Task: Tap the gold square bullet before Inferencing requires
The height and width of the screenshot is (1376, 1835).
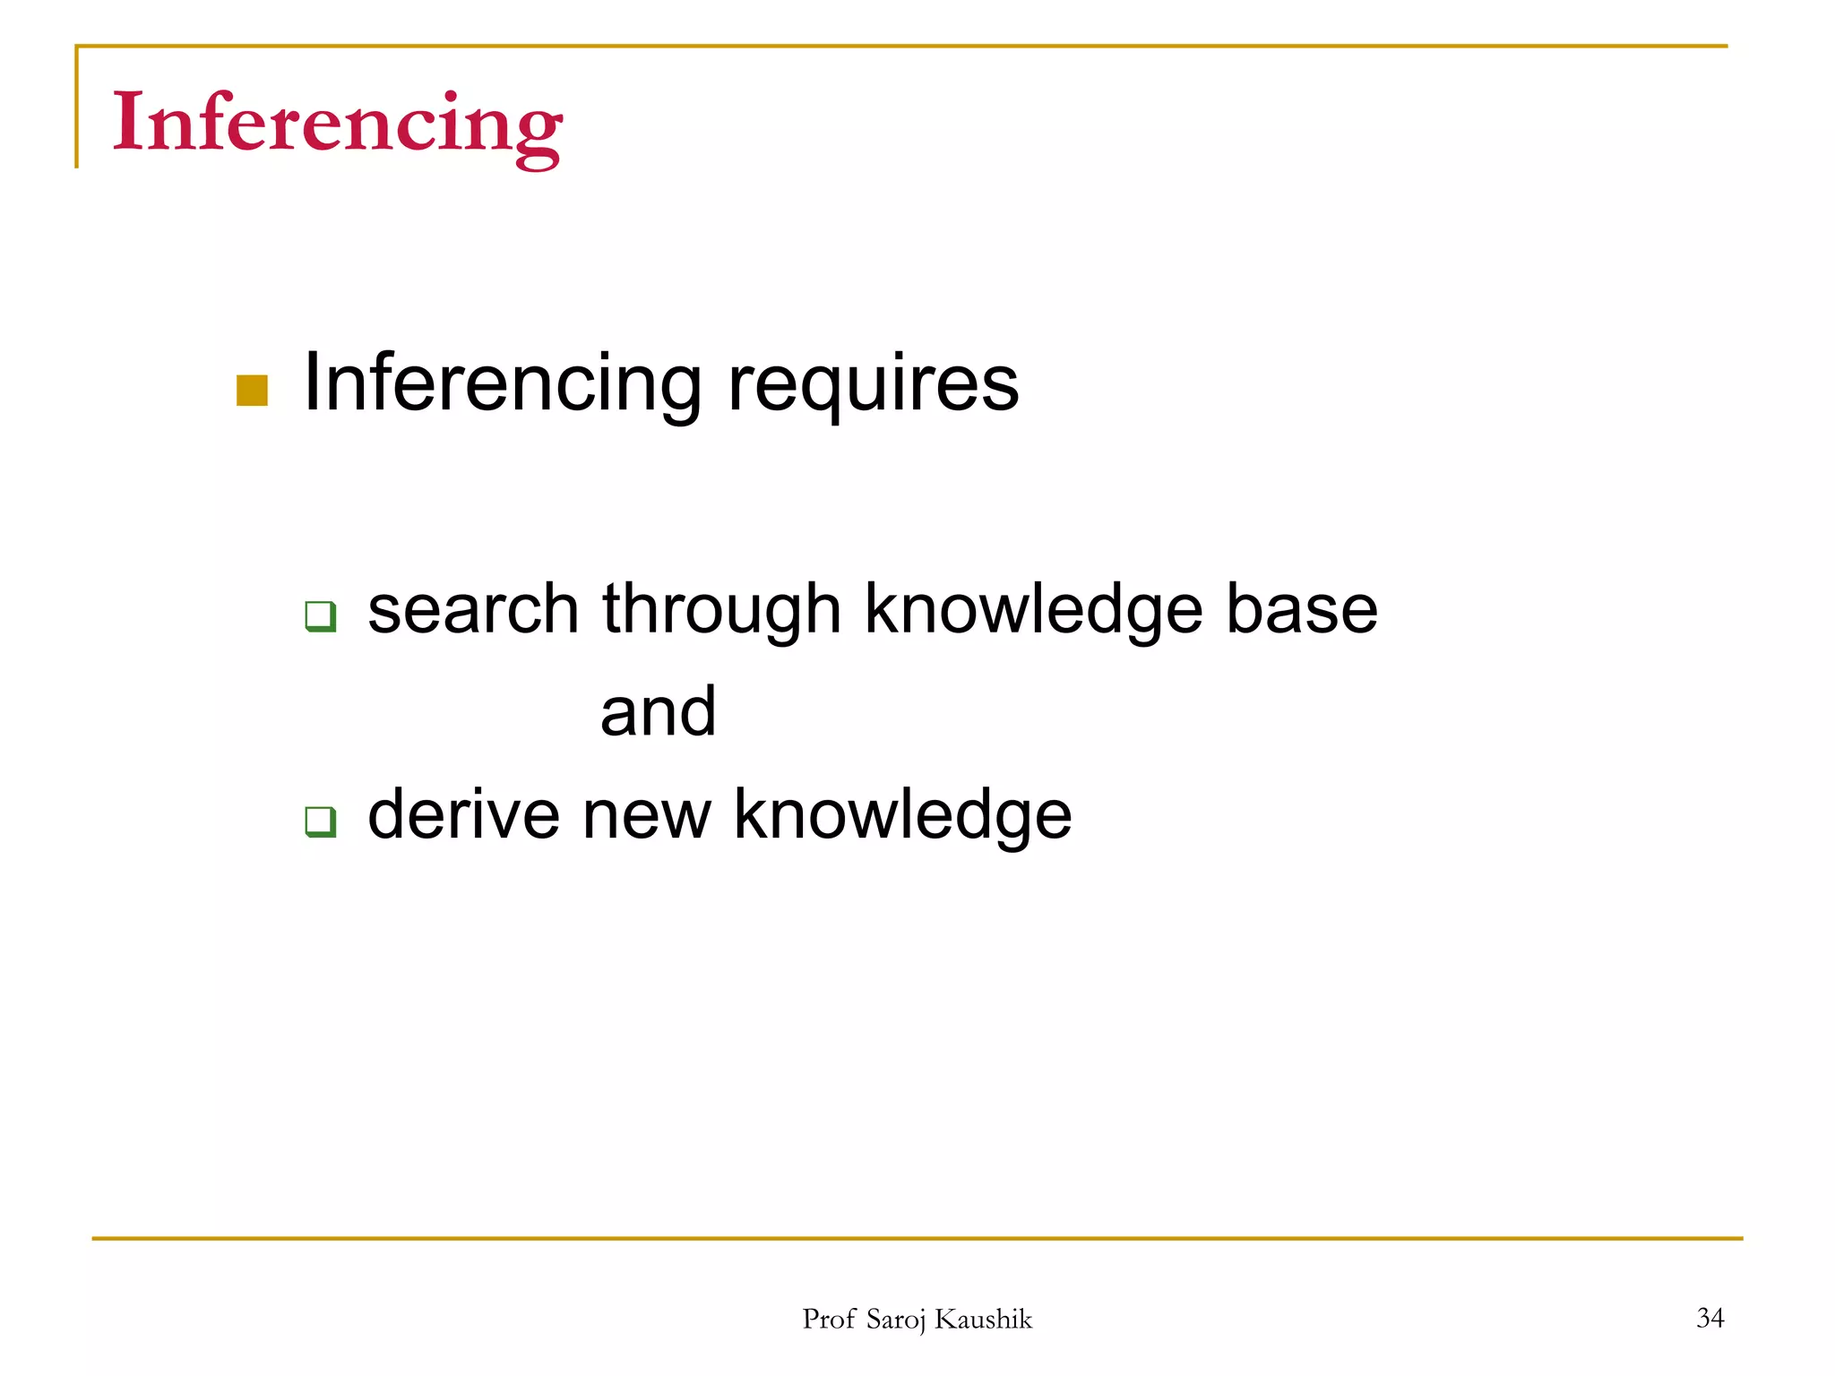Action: click(252, 391)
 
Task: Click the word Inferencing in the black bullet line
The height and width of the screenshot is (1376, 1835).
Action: click(502, 383)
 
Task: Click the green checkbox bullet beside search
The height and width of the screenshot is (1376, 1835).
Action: click(320, 616)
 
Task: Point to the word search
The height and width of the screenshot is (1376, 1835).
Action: click(473, 609)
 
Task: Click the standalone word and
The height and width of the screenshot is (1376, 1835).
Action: click(658, 712)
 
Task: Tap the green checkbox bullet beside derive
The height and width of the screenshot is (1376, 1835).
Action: click(320, 821)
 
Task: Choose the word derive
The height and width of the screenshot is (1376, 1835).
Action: click(463, 814)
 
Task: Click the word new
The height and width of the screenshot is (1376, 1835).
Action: click(646, 815)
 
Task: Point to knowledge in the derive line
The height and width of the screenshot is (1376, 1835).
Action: click(902, 815)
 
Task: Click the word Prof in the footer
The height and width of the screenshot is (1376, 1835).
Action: click(829, 1319)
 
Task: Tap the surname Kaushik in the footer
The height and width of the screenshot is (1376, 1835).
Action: click(983, 1319)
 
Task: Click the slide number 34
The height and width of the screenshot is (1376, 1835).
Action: click(1710, 1318)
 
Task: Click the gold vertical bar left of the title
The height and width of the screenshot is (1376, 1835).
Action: click(77, 107)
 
